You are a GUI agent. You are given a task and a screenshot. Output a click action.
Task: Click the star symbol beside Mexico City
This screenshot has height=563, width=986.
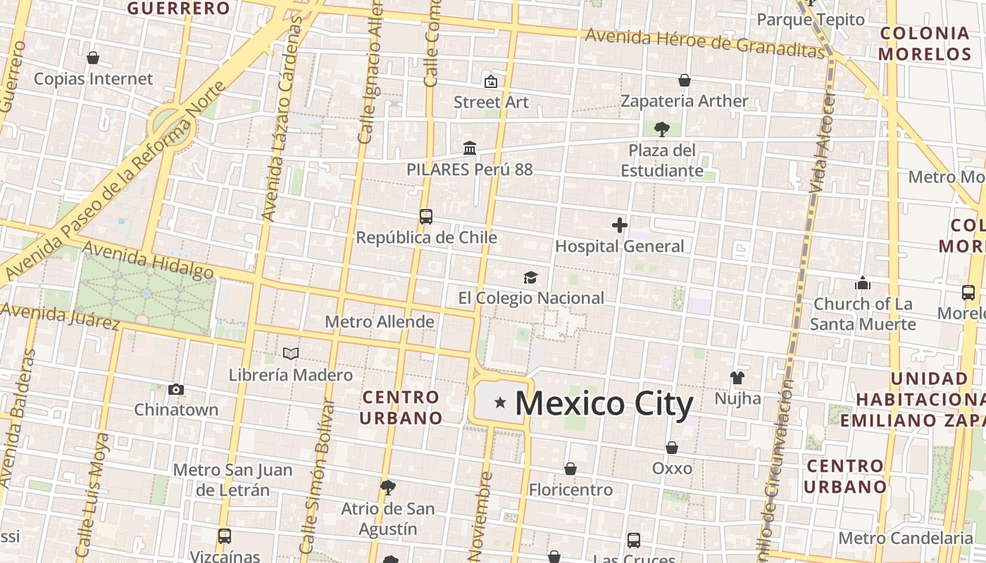500,403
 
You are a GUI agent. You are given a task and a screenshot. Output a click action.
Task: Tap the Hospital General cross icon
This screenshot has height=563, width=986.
620,225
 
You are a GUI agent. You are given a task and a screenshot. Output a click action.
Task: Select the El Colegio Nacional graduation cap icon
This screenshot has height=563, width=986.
530,278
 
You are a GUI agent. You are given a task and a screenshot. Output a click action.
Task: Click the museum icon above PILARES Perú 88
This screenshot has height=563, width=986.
470,148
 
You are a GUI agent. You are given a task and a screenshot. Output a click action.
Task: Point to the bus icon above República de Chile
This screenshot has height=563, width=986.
425,217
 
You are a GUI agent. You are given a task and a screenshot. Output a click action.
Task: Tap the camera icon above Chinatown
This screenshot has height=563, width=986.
176,389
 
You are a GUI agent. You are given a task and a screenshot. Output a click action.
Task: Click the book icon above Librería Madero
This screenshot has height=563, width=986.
290,353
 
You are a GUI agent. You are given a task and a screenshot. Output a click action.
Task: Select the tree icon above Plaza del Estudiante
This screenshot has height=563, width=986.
661,129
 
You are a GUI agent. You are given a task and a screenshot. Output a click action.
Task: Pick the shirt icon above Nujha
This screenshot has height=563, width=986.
737,378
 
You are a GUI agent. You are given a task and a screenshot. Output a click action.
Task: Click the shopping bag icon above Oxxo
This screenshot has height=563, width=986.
672,448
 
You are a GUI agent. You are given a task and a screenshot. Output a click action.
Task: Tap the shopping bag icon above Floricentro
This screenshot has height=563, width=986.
570,469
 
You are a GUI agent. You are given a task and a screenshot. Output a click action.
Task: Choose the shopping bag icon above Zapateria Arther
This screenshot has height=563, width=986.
684,80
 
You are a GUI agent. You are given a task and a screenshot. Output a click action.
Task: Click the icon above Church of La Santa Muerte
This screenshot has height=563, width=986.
863,284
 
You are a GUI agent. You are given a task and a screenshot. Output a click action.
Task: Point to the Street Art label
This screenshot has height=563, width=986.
491,102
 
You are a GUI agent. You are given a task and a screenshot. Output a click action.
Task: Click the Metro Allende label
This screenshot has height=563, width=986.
379,322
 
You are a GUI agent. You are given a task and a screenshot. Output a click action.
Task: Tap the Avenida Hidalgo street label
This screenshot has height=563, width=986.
148,260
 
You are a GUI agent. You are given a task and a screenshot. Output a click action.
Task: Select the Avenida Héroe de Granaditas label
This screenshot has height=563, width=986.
704,42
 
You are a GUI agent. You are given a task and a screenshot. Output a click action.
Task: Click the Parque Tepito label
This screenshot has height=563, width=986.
811,20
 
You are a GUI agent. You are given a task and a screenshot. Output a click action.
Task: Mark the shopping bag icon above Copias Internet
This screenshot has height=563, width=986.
93,58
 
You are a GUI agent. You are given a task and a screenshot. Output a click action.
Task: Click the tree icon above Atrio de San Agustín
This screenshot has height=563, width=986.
387,487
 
